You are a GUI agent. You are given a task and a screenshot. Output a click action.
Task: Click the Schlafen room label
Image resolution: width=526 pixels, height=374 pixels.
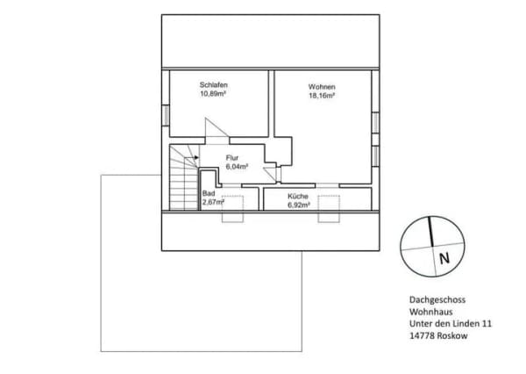pos(213,84)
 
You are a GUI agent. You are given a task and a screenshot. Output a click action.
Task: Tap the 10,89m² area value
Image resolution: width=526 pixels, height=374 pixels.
pos(213,94)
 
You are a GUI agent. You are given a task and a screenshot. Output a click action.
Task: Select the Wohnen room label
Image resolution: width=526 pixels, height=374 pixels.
pos(322,87)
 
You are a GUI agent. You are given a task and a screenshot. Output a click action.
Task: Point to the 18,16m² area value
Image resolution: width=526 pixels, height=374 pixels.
pos(322,96)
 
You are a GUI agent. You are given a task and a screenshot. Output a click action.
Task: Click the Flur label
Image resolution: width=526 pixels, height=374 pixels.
pos(232,158)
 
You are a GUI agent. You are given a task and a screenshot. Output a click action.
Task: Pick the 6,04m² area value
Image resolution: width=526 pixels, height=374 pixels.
pos(237,167)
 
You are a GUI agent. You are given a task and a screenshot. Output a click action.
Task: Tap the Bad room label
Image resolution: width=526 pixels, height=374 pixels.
pos(209,193)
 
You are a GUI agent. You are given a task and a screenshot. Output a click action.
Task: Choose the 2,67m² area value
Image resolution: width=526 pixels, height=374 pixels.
pos(213,202)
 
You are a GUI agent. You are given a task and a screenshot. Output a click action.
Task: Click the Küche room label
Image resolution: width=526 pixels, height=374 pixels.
pos(298,197)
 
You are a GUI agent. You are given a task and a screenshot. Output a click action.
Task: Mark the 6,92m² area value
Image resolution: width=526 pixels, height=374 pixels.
pos(299,205)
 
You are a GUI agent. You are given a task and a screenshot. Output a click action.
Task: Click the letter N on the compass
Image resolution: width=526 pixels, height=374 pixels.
pos(444,259)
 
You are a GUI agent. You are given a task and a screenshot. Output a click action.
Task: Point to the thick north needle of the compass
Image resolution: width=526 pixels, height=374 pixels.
pos(430,232)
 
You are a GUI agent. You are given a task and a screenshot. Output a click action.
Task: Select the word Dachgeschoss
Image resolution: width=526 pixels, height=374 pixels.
pos(437,299)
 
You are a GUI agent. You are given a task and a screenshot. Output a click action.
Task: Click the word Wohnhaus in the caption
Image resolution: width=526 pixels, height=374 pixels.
pos(430,312)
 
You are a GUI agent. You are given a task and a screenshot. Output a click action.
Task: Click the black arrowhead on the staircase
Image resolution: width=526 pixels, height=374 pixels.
pos(196,157)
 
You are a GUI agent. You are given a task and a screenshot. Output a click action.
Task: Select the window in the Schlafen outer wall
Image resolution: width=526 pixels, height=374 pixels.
pos(166,116)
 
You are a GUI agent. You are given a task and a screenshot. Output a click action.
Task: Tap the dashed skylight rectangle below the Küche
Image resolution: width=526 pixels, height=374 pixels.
pos(329,209)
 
